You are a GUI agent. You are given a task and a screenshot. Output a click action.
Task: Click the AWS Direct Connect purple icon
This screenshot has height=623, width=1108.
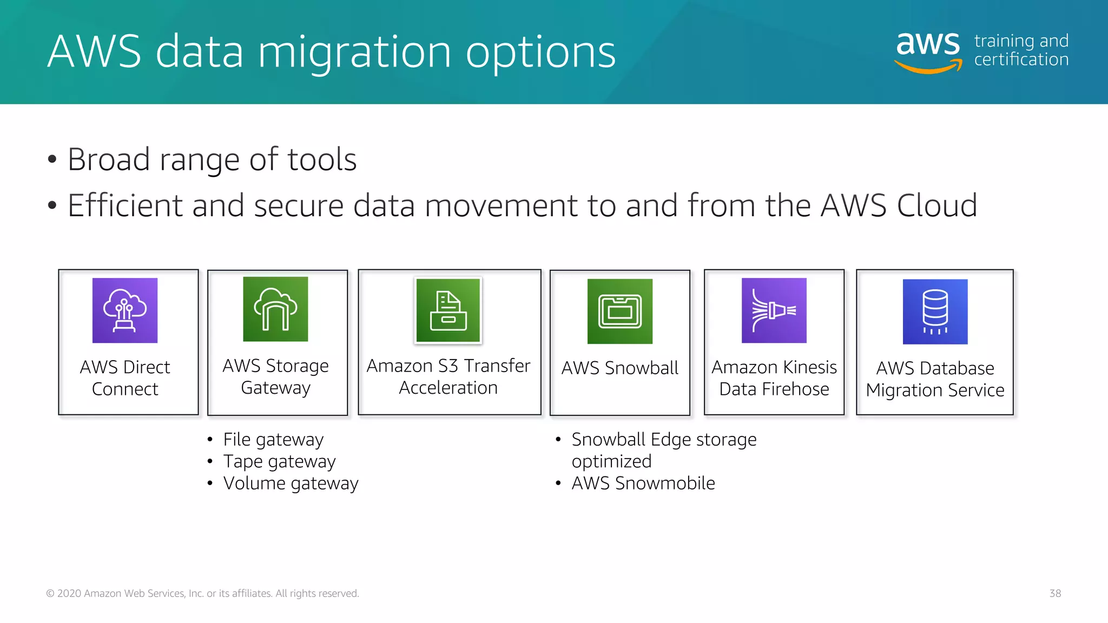125,310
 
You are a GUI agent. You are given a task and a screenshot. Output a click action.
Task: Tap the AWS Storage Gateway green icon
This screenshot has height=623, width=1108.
275,309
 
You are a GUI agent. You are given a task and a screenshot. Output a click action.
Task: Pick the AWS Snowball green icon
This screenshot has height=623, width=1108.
620,311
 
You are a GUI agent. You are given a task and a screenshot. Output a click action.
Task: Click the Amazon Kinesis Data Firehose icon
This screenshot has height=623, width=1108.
774,310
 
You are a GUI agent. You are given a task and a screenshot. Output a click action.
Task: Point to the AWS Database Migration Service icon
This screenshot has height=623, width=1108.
935,311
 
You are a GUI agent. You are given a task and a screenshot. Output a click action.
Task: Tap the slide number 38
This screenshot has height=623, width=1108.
1055,593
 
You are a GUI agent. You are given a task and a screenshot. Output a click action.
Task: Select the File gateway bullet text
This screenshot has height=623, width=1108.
273,440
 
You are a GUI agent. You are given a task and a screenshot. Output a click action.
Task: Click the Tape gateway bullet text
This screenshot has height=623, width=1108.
279,461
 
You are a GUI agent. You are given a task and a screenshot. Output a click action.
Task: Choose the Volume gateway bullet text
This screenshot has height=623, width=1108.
291,483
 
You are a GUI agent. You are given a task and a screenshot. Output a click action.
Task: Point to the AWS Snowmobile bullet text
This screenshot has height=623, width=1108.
643,483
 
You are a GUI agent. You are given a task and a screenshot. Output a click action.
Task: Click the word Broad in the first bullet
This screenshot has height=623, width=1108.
109,160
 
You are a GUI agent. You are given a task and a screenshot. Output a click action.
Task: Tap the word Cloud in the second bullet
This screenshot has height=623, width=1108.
937,206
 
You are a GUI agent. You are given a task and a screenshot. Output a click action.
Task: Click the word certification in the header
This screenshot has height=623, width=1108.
1021,59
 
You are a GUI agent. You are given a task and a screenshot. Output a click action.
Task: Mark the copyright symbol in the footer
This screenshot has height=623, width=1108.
50,593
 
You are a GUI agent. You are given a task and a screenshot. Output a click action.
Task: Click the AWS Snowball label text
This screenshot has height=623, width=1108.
619,368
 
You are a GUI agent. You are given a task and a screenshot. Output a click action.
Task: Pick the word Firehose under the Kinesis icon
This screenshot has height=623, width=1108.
795,389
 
